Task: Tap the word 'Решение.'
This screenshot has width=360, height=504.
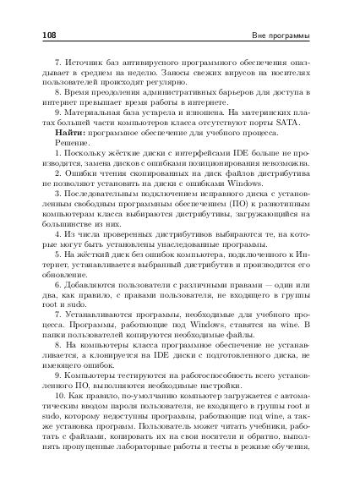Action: pyautogui.click(x=73, y=144)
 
